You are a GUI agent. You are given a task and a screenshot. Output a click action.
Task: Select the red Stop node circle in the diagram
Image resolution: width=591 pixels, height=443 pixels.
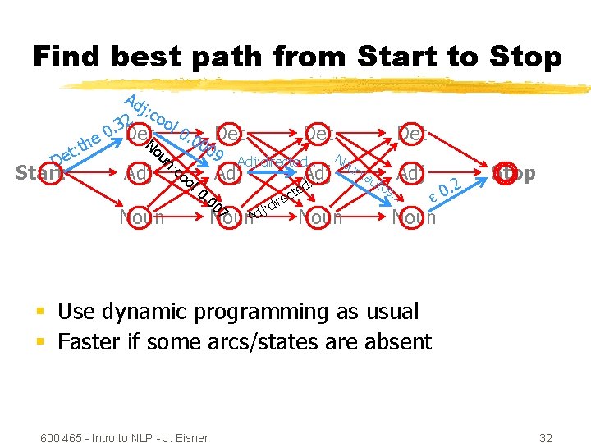(x=502, y=173)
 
